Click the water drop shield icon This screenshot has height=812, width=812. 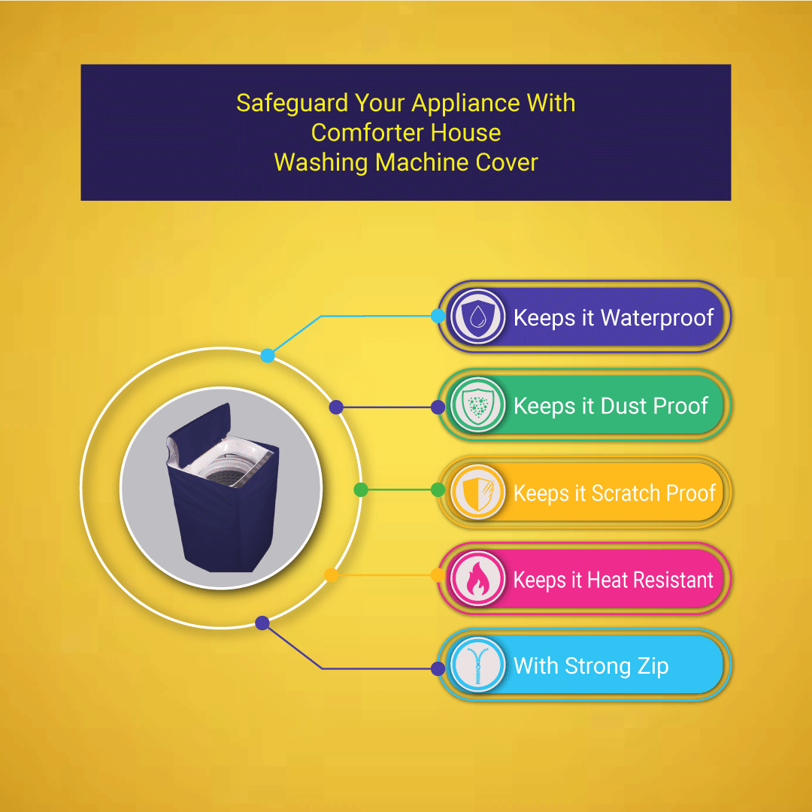477,316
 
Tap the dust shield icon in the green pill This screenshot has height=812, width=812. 477,404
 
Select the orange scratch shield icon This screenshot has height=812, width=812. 477,492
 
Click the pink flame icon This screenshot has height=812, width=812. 477,578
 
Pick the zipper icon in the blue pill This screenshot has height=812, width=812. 477,665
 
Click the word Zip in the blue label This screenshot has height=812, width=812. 653,666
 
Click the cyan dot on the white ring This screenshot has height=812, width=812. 268,356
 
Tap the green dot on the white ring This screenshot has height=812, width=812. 361,489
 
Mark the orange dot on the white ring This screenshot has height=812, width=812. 332,575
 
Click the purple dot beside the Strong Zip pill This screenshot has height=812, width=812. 438,668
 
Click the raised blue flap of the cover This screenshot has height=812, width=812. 198,423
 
